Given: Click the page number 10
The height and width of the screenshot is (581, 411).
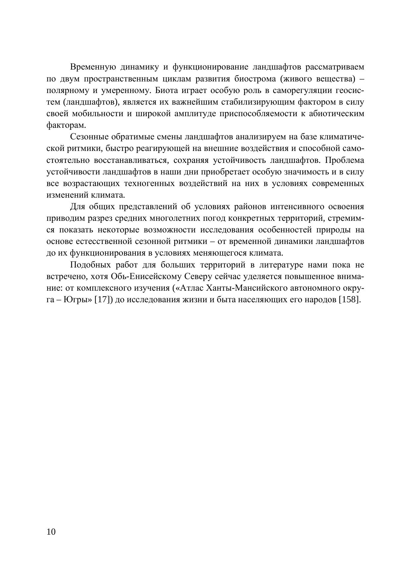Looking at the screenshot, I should pyautogui.click(x=51, y=532).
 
